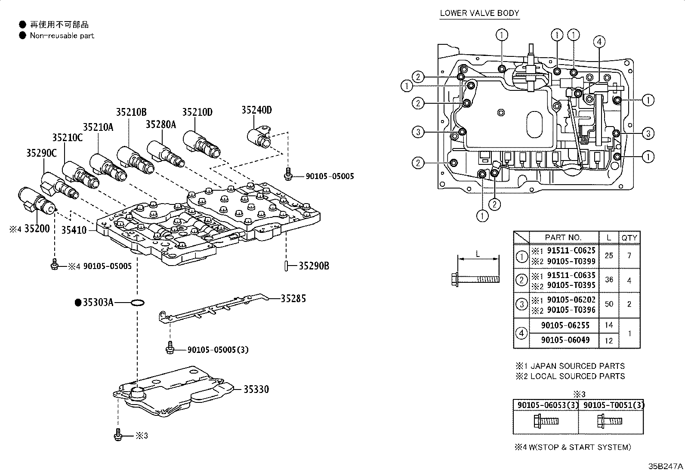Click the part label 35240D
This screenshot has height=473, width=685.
coord(256,110)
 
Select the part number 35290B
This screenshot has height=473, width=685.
coord(314,266)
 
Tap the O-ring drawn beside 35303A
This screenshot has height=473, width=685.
coord(137,303)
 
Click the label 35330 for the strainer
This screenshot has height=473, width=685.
coord(256,390)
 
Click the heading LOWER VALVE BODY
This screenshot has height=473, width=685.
coord(479,13)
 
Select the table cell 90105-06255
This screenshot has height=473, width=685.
coord(565,325)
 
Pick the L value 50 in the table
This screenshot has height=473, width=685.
coord(608,304)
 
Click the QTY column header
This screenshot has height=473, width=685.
coord(629,238)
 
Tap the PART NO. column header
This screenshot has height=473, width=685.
coord(563,238)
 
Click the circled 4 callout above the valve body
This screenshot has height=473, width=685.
coord(599,41)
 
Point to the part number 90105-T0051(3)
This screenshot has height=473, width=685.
coord(611,405)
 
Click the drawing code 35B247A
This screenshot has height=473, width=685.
coord(666,467)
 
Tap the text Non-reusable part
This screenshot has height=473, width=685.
coord(62,36)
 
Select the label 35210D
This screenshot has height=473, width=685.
coord(197,112)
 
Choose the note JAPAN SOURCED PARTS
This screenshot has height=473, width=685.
coord(577,366)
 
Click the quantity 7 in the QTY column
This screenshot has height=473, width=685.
coord(629,256)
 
